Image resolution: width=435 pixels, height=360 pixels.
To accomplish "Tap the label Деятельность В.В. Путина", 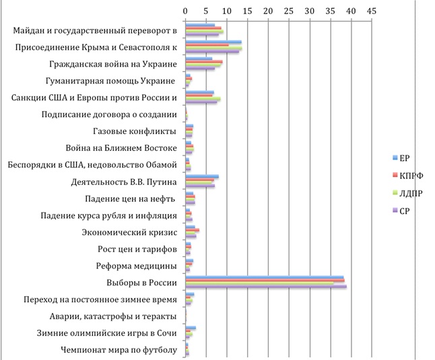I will coord(124,182).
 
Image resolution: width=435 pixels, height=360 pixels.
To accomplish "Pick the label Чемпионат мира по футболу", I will coord(119,350).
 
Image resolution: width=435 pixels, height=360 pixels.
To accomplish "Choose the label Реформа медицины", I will coord(137,266).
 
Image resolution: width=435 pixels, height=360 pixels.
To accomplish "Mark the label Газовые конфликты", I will coord(134,131).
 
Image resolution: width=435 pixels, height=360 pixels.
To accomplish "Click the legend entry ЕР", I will coord(405,158).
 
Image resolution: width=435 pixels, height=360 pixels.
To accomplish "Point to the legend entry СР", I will coord(405,211).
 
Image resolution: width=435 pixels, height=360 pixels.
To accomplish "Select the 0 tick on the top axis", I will coord(185,11).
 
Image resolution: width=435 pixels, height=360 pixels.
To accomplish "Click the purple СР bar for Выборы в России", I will coord(266,287).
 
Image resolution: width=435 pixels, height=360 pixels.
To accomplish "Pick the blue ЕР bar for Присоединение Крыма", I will coord(213,42).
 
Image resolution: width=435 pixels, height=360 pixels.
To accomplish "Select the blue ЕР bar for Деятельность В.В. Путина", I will coord(201,176).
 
